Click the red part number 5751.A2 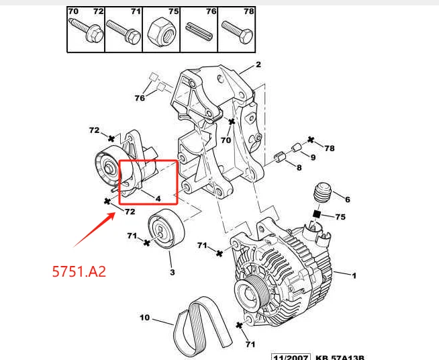(79, 272)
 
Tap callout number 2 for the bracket (258, 65)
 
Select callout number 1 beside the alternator (355, 275)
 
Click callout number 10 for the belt (144, 317)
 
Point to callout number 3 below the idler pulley (172, 272)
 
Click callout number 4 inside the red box (158, 198)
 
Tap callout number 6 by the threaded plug (347, 199)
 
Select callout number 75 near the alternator (341, 217)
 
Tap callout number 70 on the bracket (226, 140)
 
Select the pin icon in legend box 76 (201, 31)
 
